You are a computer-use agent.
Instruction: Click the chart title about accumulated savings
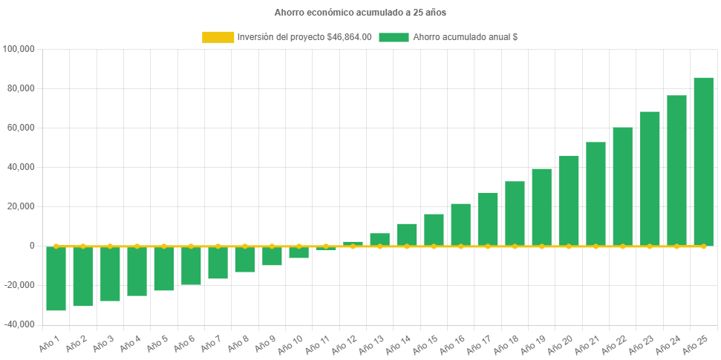pos(360,13)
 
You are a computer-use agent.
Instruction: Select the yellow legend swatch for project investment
pos(218,37)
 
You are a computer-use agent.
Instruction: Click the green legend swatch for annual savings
pos(394,37)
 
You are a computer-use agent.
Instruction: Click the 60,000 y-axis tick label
pos(22,128)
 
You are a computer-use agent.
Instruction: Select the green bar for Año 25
pos(703,161)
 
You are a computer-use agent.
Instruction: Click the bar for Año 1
pos(56,278)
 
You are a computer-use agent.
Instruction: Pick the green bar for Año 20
pos(569,200)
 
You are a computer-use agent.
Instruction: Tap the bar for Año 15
pos(434,229)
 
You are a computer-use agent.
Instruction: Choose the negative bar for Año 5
pos(164,268)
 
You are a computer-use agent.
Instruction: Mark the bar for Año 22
pos(622,186)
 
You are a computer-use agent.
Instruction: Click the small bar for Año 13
pos(380,239)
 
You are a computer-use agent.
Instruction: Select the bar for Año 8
pos(245,259)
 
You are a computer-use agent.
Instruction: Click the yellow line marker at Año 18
pos(515,246)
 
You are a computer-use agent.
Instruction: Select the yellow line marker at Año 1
pos(56,246)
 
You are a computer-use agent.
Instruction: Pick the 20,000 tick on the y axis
pos(22,206)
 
